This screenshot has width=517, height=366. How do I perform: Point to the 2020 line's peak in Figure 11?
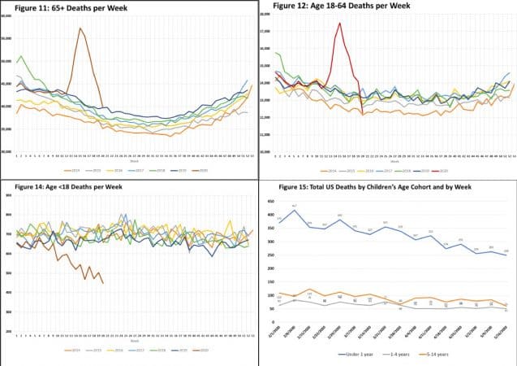coord(80,28)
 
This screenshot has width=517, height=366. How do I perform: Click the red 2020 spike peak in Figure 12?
coord(339,24)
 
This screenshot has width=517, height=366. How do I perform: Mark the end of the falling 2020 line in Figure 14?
coord(103,283)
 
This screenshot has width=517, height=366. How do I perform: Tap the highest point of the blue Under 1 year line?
coord(294,211)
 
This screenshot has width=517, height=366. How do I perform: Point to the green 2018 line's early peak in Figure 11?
coord(20,56)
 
